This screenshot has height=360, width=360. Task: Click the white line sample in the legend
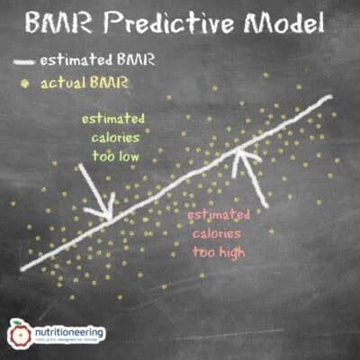pyautogui.click(x=29, y=62)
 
